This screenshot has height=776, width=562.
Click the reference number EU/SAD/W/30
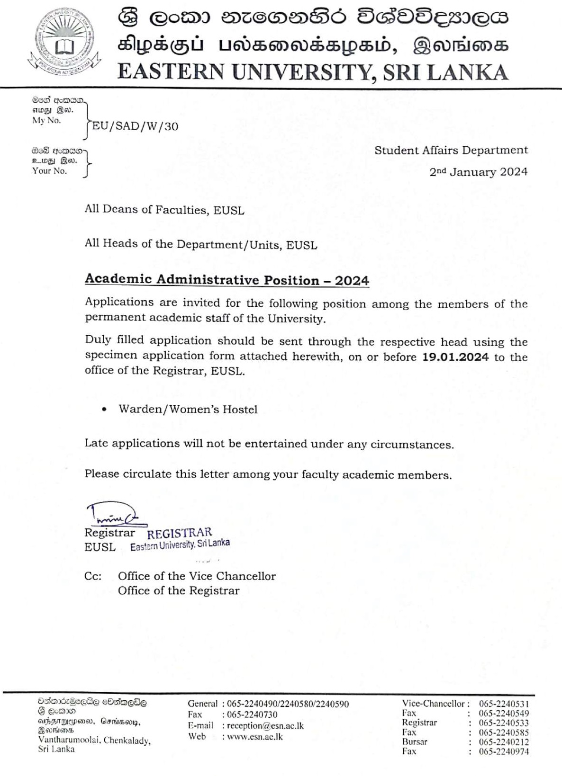(x=135, y=126)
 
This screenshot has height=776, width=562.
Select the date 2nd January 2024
(x=478, y=172)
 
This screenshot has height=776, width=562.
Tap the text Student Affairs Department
(x=451, y=150)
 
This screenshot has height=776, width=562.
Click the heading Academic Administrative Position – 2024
(x=227, y=280)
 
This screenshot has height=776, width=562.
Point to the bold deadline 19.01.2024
(x=455, y=357)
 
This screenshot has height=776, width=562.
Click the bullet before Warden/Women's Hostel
(x=104, y=410)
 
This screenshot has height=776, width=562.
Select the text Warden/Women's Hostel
(x=188, y=409)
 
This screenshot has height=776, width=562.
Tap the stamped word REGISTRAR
(x=180, y=533)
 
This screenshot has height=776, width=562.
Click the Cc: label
(x=93, y=576)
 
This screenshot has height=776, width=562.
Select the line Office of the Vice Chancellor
(x=197, y=576)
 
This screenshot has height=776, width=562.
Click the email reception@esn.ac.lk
(x=265, y=726)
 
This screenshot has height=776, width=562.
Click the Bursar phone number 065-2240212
(x=503, y=742)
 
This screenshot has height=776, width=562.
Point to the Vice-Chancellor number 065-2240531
(x=503, y=704)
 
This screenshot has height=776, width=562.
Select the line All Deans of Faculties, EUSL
(x=164, y=209)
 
